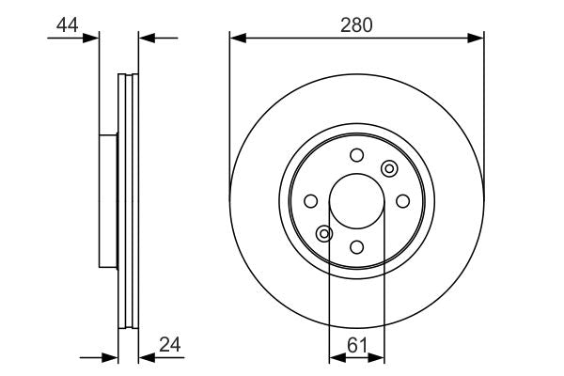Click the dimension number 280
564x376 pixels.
[x=356, y=25]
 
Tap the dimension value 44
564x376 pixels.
[x=68, y=25]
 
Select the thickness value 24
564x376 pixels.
[x=170, y=345]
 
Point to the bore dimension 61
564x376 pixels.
[x=357, y=346]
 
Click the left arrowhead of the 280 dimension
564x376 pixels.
[x=238, y=38]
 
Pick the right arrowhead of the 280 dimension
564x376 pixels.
[x=476, y=38]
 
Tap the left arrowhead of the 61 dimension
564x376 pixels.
[x=337, y=357]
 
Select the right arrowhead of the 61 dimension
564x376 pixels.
[x=376, y=357]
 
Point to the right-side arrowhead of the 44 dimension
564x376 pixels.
[x=147, y=38]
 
